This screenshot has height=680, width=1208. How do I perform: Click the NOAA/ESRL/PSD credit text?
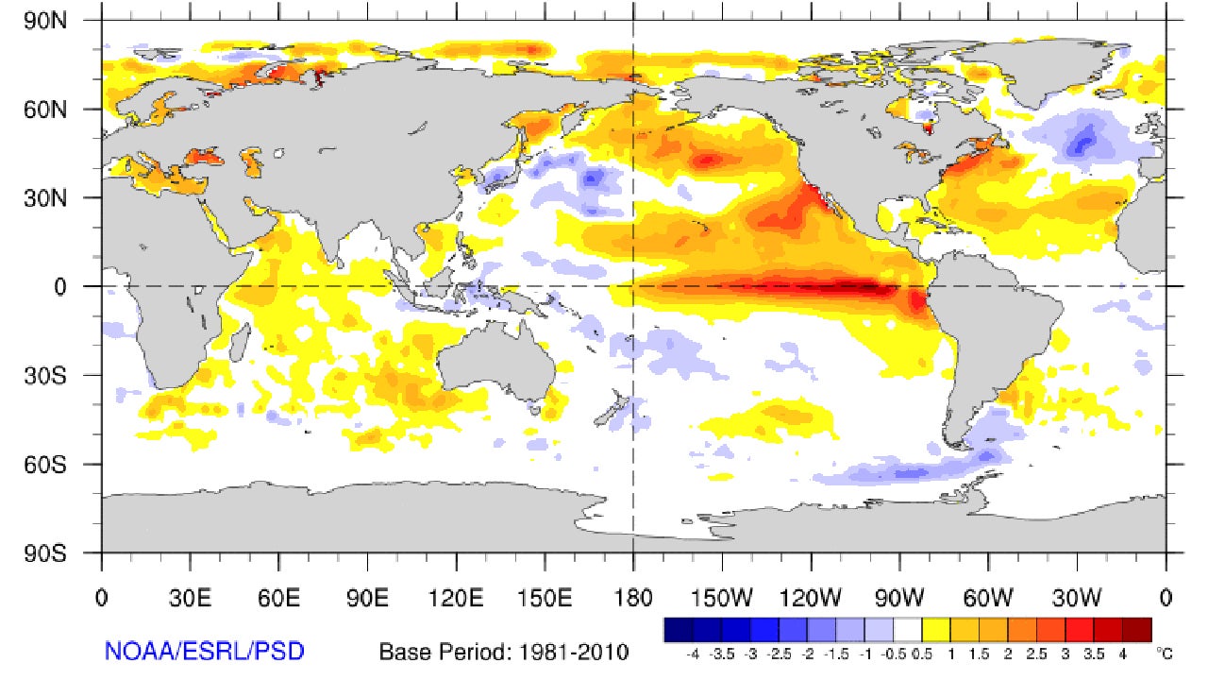[204, 651]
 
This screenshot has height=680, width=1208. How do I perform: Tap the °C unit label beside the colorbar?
[1163, 652]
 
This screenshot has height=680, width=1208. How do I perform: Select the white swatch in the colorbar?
[908, 630]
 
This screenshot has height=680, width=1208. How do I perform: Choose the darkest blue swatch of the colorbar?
[679, 630]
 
